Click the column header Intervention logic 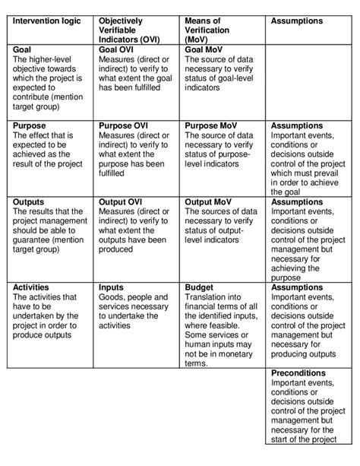tap(50, 21)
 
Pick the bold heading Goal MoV tap(204, 49)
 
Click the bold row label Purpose tap(30, 124)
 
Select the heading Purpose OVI tap(125, 124)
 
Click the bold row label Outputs tap(30, 202)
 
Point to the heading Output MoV tap(209, 202)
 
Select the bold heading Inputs tap(113, 287)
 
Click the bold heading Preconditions tap(302, 373)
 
